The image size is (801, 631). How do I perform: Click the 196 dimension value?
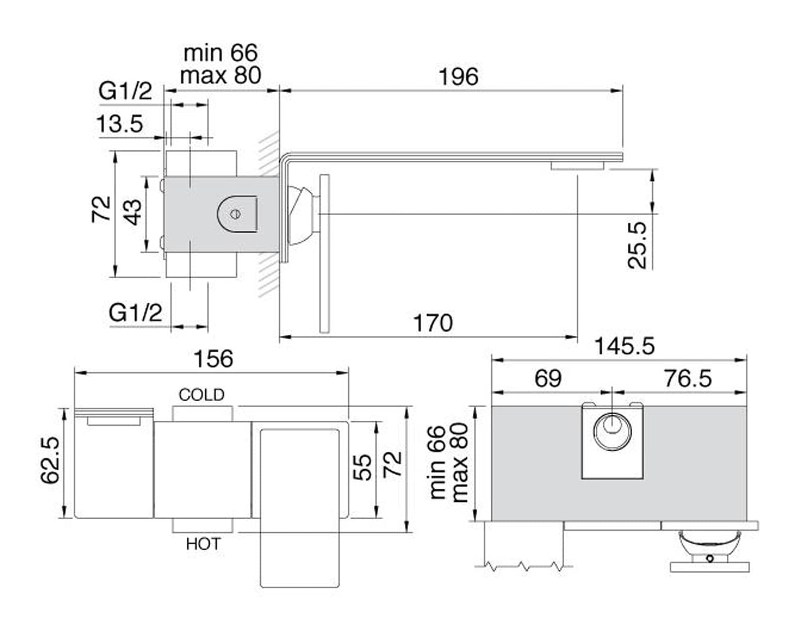coord(458,77)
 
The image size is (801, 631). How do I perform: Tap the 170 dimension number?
coord(433,323)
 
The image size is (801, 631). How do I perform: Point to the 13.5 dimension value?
coord(120,124)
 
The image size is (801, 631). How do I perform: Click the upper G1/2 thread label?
coord(125,91)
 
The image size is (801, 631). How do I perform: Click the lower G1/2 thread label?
coord(135,313)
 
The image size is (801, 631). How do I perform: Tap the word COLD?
coord(201,395)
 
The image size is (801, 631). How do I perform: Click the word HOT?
coord(203,544)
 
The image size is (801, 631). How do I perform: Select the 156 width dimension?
coord(213,359)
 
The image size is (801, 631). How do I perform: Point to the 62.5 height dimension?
coord(50,460)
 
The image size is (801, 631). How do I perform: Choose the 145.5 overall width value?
coord(624,346)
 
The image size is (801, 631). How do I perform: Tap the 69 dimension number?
coord(548,378)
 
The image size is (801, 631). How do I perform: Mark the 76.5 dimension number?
coord(687,378)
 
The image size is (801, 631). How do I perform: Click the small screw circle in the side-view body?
coord(236,213)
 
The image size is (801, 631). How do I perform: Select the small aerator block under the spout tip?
coord(577,166)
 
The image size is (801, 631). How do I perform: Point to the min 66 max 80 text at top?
coord(220,64)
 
